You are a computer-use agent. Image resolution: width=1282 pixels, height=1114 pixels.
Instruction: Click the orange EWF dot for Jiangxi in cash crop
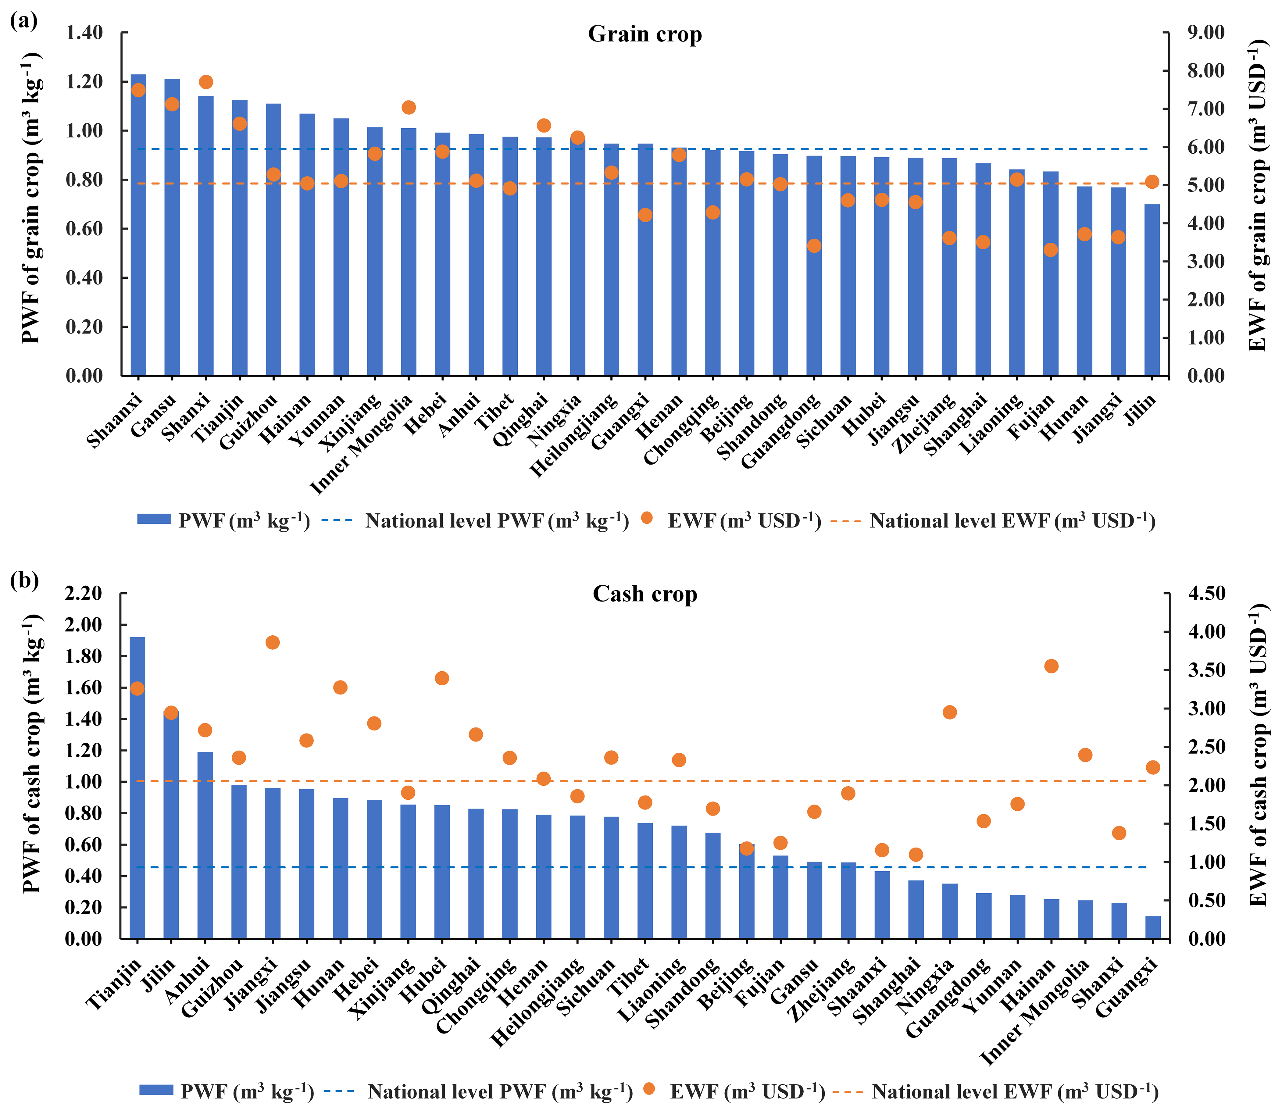(272, 642)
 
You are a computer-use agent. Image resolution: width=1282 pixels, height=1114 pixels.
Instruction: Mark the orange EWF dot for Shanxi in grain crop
(206, 82)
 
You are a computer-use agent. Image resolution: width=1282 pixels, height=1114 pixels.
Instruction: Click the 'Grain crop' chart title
(645, 34)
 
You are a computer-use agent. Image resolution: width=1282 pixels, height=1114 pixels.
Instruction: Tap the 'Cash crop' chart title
(645, 594)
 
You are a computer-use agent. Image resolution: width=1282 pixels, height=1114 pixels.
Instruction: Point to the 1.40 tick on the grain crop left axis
(84, 32)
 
